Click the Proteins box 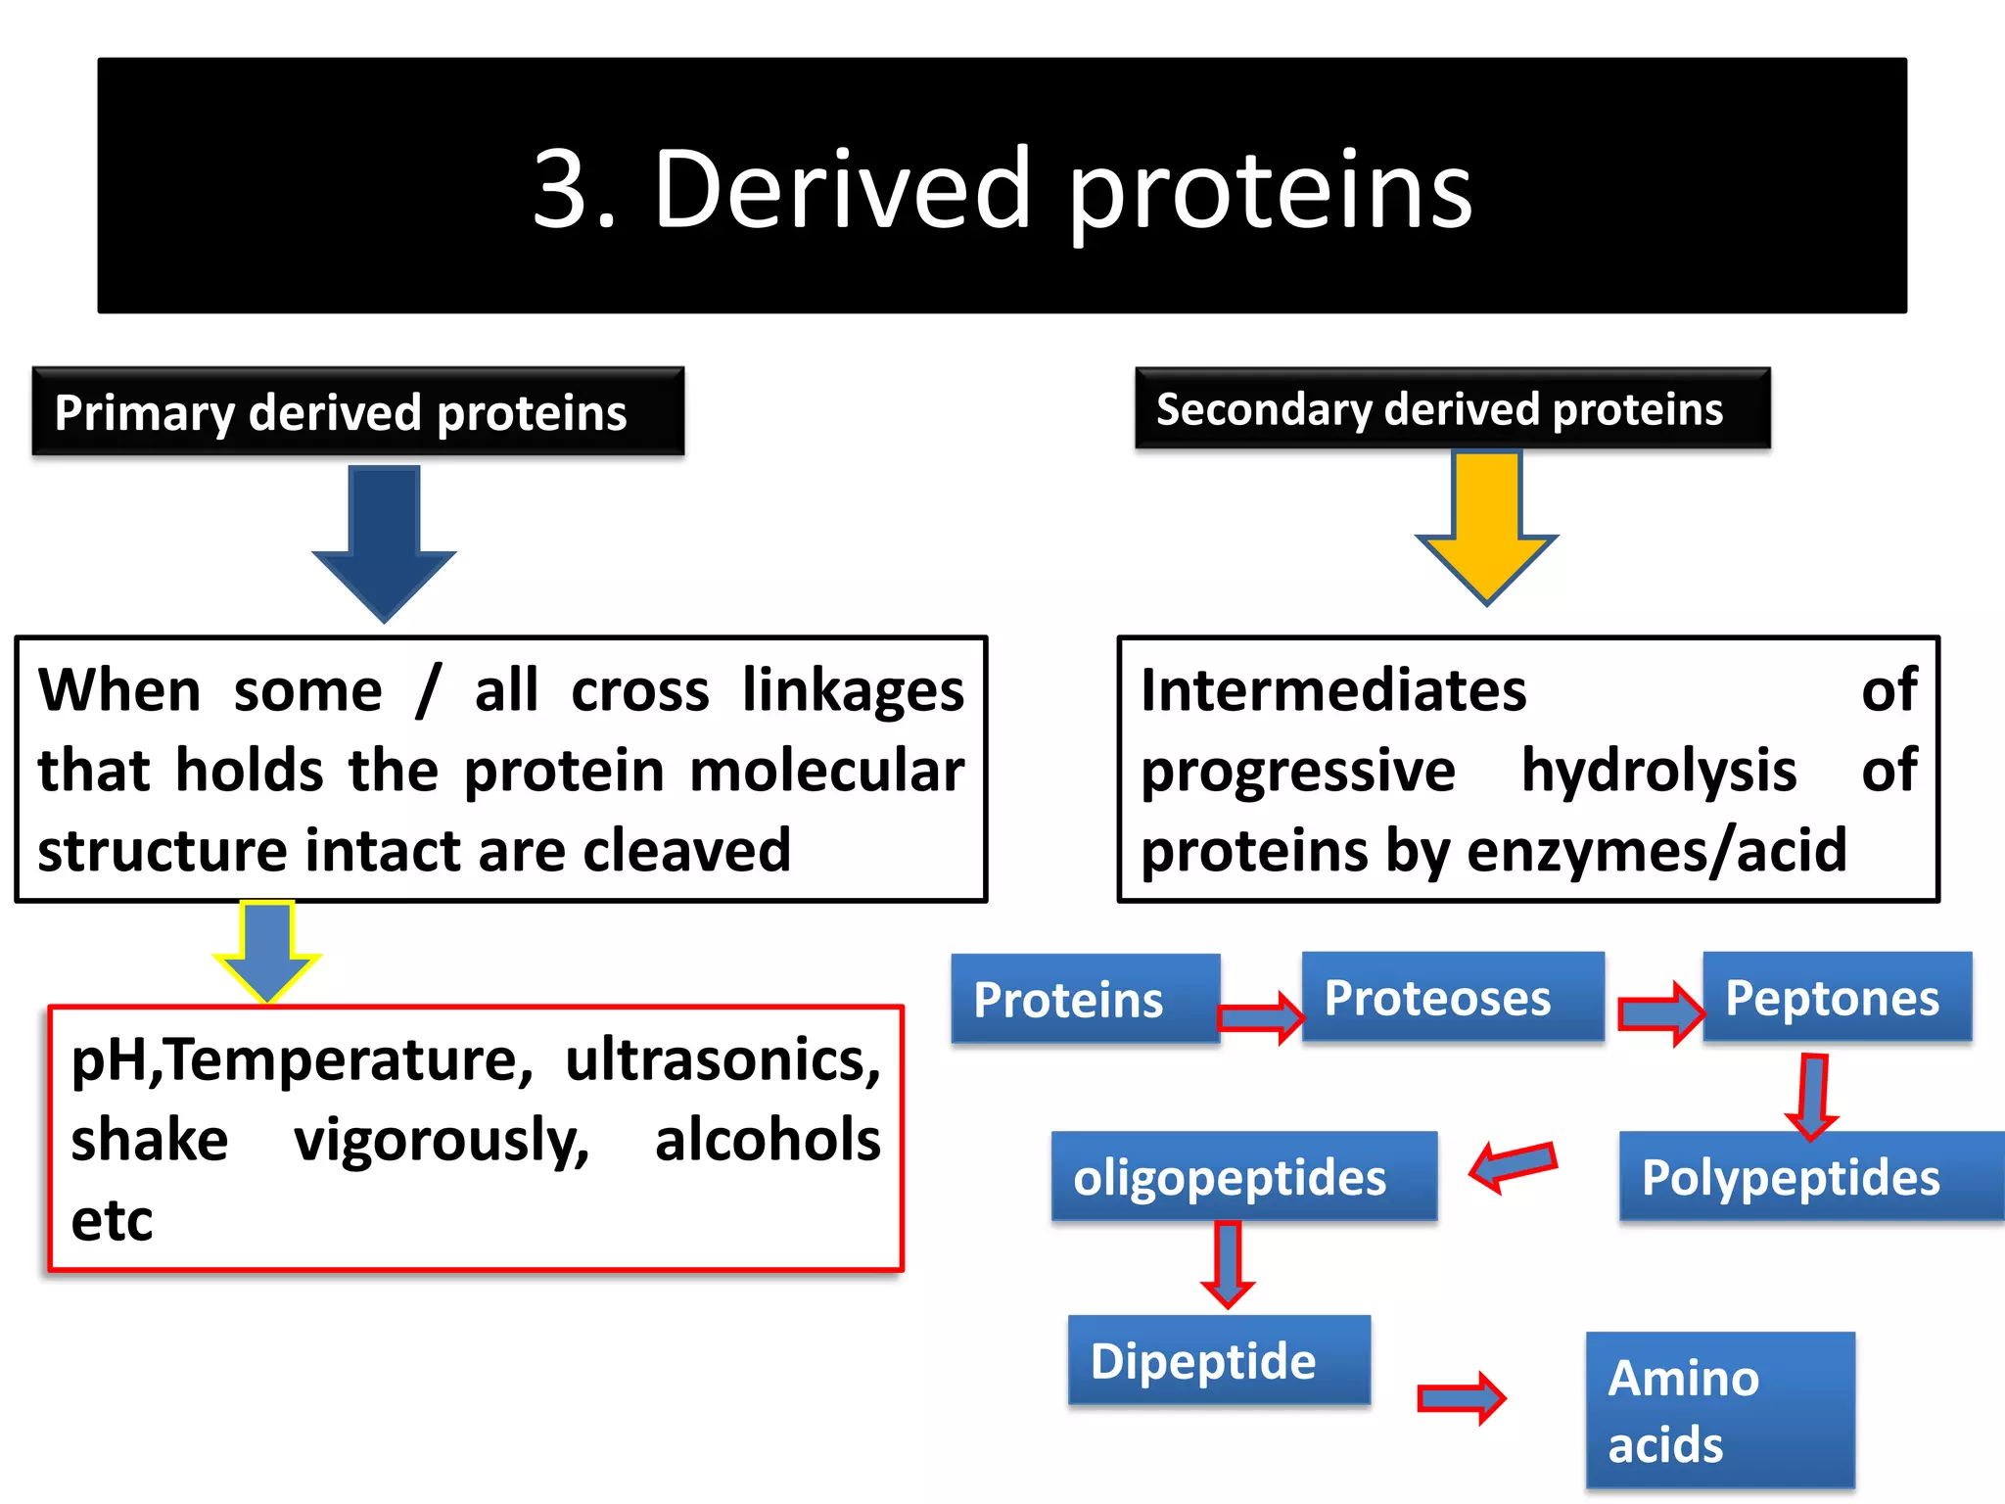click(1085, 999)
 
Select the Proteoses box click(1452, 997)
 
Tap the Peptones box click(1837, 997)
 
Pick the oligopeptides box click(1243, 1176)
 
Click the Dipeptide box click(1218, 1360)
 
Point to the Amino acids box click(1719, 1410)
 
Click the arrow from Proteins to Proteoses click(1262, 1017)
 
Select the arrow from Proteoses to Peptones click(1661, 1013)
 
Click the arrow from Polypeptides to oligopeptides click(1513, 1165)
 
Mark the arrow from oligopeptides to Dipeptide click(1228, 1264)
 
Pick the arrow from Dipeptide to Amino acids click(1462, 1397)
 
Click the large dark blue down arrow click(385, 541)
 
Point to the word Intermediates click(1333, 690)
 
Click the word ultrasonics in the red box click(723, 1059)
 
